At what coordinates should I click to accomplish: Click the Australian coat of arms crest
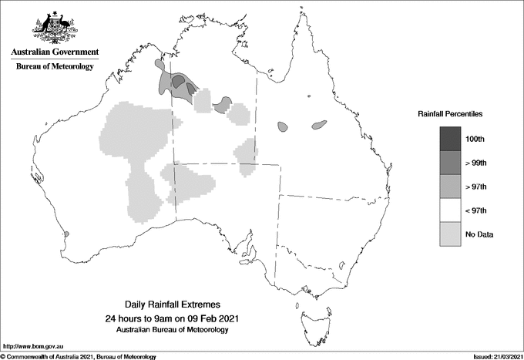[x=55, y=26]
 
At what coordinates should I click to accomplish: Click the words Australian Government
[x=55, y=52]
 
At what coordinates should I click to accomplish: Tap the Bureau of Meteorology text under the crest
[x=55, y=67]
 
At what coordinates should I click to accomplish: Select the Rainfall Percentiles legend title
[x=450, y=113]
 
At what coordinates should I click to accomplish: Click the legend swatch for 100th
[x=451, y=138]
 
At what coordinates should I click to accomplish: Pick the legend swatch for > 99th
[x=451, y=162]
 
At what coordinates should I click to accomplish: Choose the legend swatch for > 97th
[x=451, y=186]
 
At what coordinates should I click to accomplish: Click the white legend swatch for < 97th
[x=451, y=210]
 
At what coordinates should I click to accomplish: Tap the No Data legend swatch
[x=451, y=234]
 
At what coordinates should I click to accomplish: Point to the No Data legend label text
[x=478, y=234]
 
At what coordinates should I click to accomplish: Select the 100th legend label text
[x=475, y=138]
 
